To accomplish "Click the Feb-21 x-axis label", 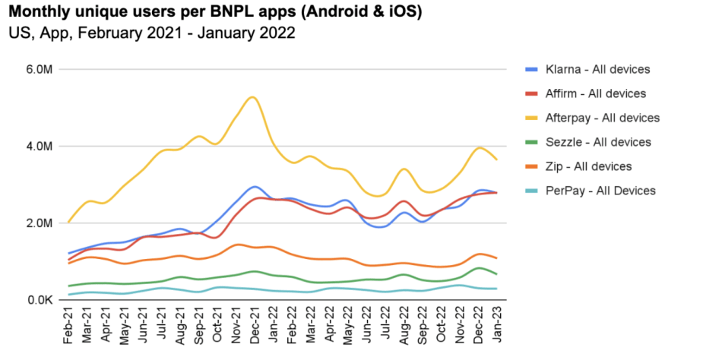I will [x=69, y=325].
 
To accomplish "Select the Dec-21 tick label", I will [x=255, y=325].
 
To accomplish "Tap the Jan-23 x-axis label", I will [x=497, y=325].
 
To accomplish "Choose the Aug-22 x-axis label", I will [x=404, y=325].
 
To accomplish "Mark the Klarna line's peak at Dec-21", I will [x=255, y=186].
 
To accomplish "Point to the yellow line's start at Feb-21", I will [x=69, y=222].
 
